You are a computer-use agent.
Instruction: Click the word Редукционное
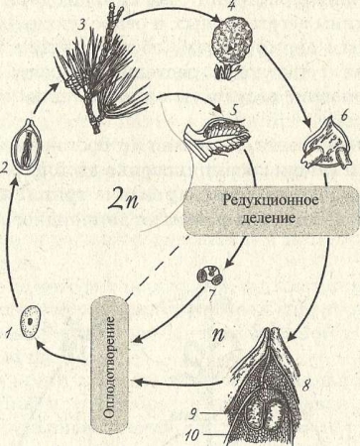coord(271,200)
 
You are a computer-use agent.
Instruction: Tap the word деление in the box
coord(268,218)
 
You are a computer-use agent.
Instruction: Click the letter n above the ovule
coord(218,334)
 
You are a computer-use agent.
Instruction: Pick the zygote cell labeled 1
coord(30,321)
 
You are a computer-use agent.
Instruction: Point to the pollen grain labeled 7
coord(209,276)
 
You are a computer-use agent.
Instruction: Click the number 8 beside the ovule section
coord(305,385)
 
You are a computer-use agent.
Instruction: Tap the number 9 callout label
coord(193,414)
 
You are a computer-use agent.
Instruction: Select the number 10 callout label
coord(191,434)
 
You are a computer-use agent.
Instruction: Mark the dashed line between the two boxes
coord(157,268)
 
